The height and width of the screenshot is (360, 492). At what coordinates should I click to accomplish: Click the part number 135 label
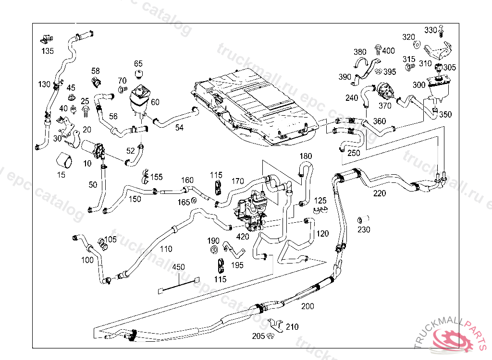48,51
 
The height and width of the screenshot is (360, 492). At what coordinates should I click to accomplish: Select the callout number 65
138,63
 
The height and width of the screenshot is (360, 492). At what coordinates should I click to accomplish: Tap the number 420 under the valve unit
243,236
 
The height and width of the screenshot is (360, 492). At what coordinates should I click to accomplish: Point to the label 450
178,267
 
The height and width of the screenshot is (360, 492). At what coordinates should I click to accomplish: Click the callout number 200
307,306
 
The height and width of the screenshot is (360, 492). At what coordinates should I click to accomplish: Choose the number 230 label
364,230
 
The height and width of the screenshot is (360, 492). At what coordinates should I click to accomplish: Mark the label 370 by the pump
385,106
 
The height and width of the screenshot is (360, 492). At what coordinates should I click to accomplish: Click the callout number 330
430,30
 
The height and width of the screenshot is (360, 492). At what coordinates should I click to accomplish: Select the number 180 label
306,156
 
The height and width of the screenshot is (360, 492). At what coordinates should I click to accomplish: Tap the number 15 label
61,175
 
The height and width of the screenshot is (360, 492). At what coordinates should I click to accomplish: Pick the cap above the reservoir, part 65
138,74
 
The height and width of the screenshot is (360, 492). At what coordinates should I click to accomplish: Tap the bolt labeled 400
377,49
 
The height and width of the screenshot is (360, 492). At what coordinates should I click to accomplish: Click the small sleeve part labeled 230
360,220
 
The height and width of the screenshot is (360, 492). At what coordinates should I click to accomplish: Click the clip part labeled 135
47,38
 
